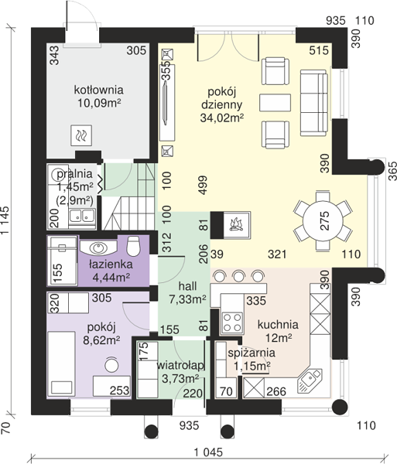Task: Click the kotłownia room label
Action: pos(98,90)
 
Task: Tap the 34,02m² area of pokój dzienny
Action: pos(222,118)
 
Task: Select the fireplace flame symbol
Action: pos(237,224)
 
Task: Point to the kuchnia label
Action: pos(278,325)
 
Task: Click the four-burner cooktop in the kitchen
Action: pos(232,322)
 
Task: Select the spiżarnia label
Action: pos(252,353)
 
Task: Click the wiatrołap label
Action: pos(180,366)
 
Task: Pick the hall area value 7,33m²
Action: pos(187,299)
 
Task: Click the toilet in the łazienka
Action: pos(132,246)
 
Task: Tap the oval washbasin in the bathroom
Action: pos(98,248)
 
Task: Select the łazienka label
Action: pos(111,264)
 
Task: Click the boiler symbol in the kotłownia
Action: pos(81,135)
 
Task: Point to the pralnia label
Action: pos(74,174)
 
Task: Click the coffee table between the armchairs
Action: pos(275,103)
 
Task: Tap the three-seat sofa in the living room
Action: pos(314,103)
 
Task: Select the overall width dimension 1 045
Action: pos(208,452)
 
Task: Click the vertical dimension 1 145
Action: pos(5,220)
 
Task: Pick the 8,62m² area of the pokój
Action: pos(101,340)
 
